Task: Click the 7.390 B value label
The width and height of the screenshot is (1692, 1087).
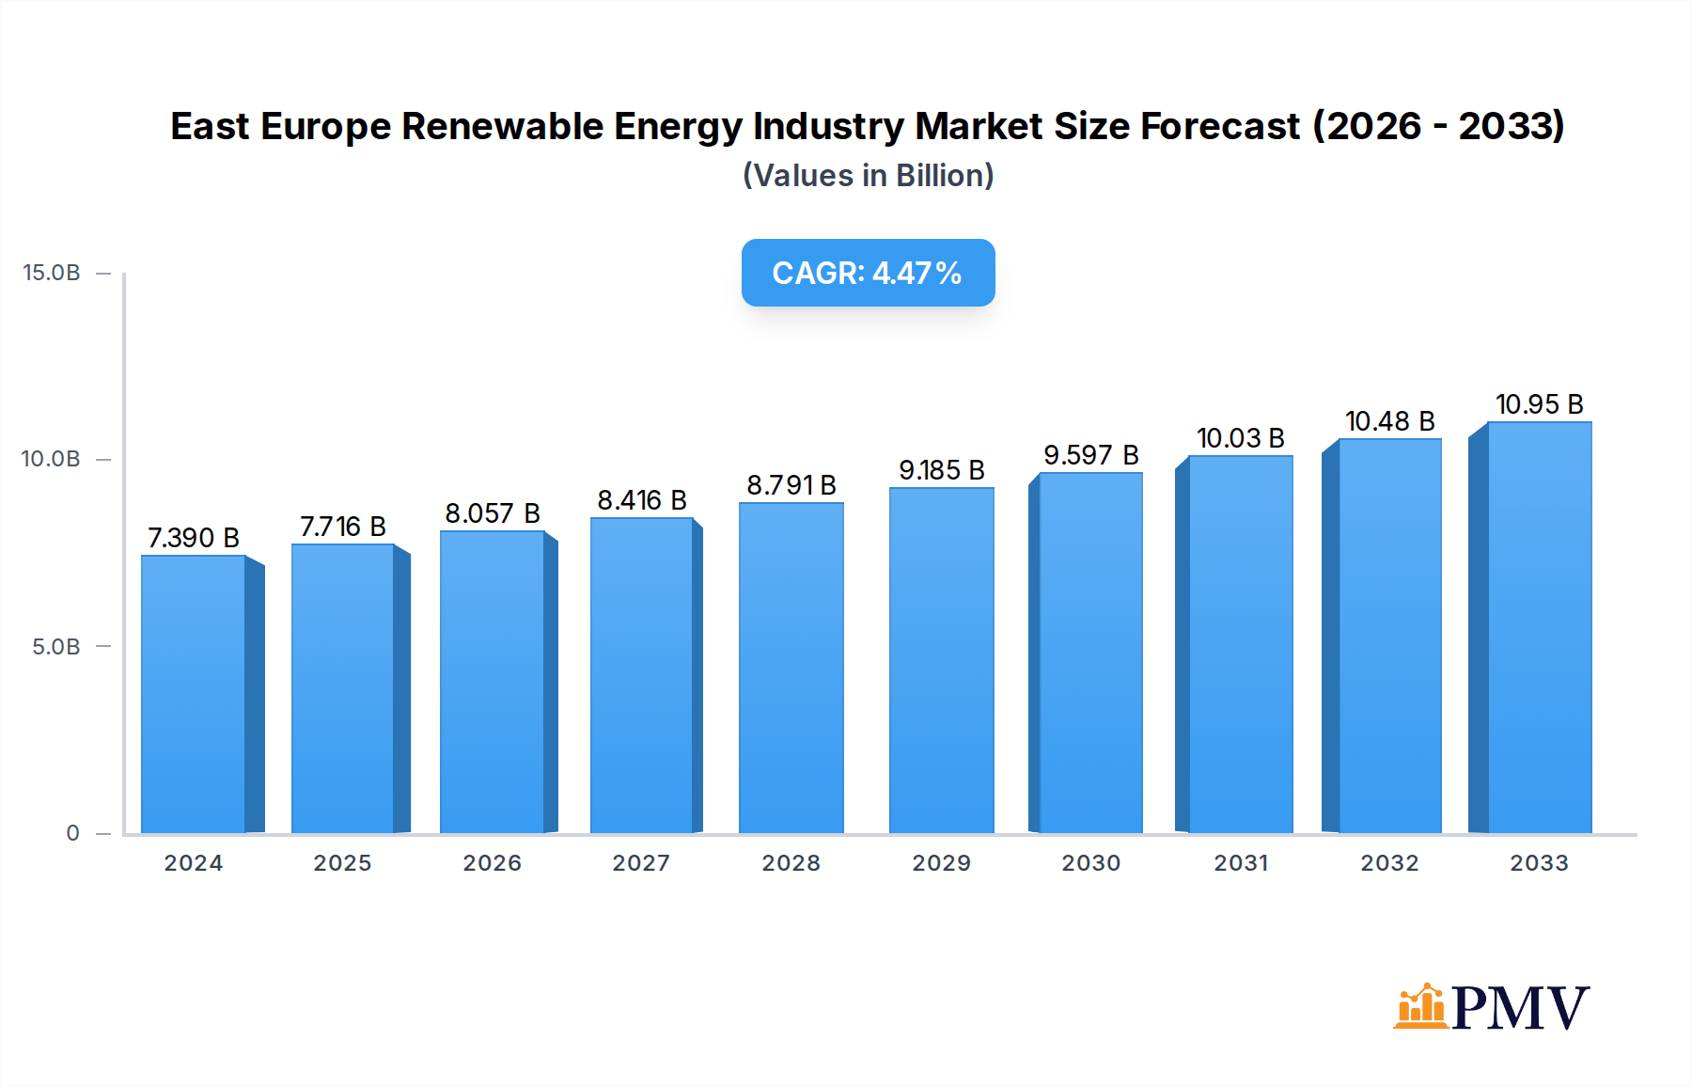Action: (x=194, y=538)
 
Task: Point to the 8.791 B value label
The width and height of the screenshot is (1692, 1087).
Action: (x=791, y=485)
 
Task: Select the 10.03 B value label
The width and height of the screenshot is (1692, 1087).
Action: (x=1240, y=438)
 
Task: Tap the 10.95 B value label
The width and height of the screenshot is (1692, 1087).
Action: (x=1539, y=404)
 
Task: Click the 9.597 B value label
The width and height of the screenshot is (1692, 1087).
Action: (x=1090, y=455)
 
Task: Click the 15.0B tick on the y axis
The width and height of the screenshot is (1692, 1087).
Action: (x=52, y=273)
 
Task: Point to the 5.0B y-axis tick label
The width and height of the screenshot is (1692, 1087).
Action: (x=55, y=647)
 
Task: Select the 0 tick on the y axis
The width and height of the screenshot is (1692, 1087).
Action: (x=72, y=833)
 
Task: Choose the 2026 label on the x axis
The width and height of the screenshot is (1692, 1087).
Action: (x=492, y=863)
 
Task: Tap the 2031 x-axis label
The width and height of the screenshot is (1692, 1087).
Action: (x=1241, y=863)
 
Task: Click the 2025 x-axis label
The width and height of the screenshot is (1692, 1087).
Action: (x=342, y=863)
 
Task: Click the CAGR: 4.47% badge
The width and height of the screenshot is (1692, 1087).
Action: (x=868, y=273)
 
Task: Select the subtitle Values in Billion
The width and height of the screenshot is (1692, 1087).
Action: (x=868, y=176)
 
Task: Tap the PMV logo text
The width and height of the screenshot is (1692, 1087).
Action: (x=1520, y=1008)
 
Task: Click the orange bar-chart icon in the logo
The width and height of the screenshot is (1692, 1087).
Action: (x=1419, y=1007)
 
